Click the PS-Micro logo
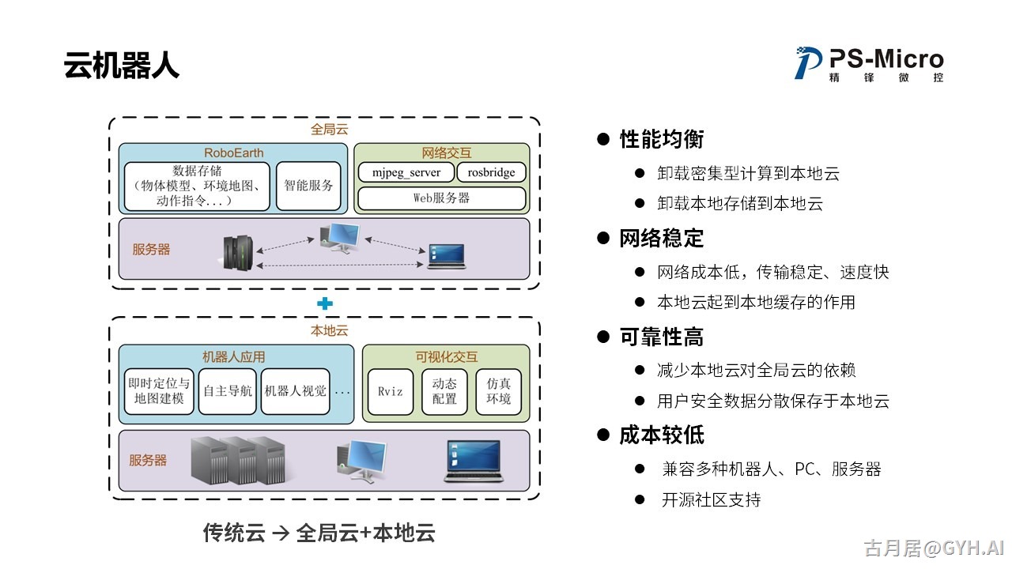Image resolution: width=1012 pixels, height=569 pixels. pos(869,63)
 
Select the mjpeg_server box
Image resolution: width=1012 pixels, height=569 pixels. pos(406,172)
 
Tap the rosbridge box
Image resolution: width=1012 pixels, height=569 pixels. pos(491,172)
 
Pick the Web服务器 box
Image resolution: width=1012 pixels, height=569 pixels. pos(441,198)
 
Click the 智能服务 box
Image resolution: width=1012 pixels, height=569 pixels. pos(308,186)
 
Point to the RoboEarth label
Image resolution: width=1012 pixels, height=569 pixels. pos(233,153)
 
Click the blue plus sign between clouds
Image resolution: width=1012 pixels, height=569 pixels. pos(324,303)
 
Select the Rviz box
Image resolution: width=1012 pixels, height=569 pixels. pos(391,391)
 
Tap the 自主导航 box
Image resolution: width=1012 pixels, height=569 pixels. pos(227,391)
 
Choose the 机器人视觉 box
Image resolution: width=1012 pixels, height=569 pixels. pos(295,391)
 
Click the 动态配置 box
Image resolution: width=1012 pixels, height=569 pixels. pos(444,391)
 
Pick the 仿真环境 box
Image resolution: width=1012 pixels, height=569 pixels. pos(499,391)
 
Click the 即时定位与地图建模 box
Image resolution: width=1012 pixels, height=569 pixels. pos(159,391)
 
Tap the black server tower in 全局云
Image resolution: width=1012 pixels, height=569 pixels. pos(238,252)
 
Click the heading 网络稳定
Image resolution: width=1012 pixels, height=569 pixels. pos(661,239)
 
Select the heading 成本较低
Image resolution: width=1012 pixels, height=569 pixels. pos(661,435)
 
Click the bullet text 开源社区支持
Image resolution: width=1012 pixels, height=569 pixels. pos(711,499)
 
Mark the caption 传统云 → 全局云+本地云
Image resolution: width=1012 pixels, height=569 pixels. pos(319,533)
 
